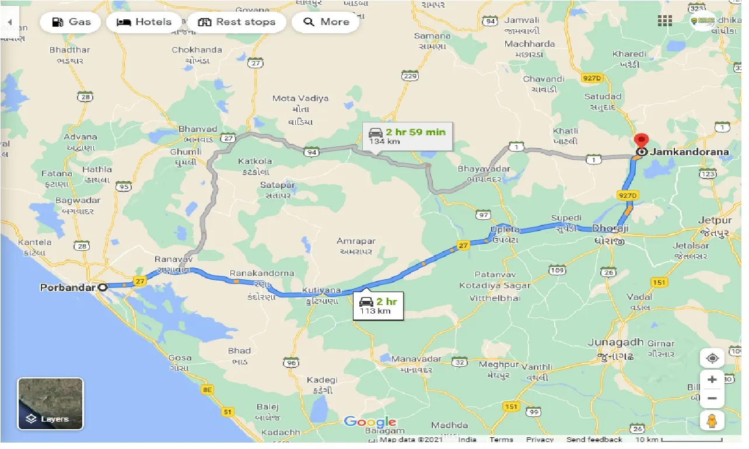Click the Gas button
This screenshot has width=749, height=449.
pos(71,22)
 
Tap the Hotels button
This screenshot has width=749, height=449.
pos(144,22)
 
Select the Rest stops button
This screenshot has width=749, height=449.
pos(236,22)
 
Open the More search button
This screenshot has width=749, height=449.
pos(325,22)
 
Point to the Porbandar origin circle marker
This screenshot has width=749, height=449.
pos(103,287)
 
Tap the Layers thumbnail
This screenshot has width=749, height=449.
pos(51,404)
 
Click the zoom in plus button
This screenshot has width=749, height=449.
pos(712,379)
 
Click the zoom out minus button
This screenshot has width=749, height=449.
pos(712,399)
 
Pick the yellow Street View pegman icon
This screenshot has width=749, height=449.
pos(712,420)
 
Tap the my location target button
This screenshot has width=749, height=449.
pos(712,357)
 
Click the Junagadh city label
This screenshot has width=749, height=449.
pos(615,342)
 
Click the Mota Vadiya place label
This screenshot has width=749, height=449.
pos(300,99)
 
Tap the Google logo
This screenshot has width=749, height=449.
pos(370,422)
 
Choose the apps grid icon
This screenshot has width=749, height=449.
pos(664,21)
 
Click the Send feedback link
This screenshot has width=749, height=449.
pos(594,440)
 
